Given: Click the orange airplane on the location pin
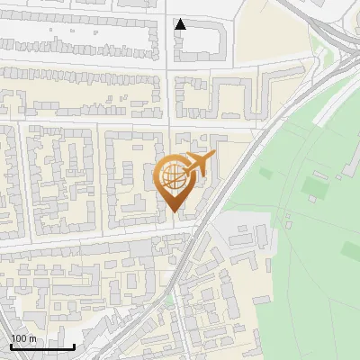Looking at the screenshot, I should (199, 166).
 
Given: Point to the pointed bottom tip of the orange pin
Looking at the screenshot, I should (174, 211).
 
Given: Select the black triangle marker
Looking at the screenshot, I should (181, 24).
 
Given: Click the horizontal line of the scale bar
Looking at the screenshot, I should (42, 346).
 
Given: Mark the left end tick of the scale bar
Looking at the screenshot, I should (11, 345).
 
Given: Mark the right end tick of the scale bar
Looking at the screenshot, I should (74, 345).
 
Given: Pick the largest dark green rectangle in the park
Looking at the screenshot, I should (314, 186).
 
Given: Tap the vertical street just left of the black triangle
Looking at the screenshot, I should (168, 36).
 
